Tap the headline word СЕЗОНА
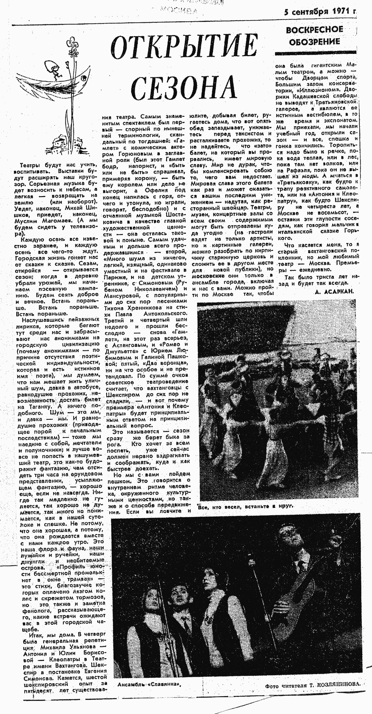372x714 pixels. pos(184,86)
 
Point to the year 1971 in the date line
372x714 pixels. pos(341,12)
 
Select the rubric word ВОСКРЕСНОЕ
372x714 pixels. pos(314,30)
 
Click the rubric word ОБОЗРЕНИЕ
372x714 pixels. pos(314,42)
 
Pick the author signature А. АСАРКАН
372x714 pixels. pos(335,291)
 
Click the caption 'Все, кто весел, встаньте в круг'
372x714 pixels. pos(245,506)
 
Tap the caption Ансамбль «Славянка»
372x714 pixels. pos(149,685)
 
